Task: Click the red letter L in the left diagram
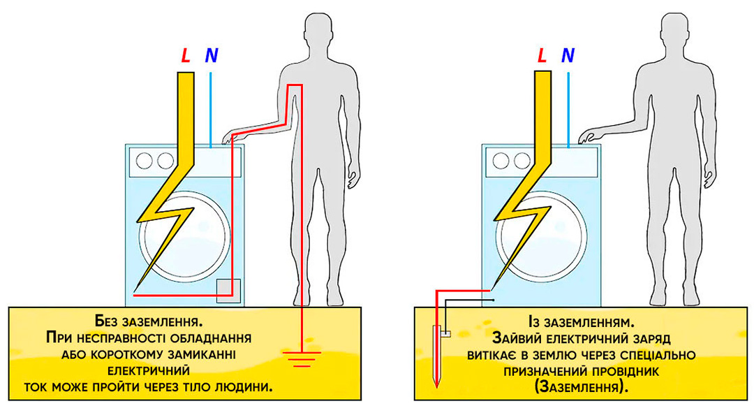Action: (x=186, y=57)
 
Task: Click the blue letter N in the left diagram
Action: (x=210, y=57)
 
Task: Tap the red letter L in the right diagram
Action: (x=542, y=57)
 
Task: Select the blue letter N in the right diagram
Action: (x=568, y=57)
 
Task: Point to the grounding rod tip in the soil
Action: (x=436, y=384)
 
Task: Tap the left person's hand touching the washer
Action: (x=231, y=137)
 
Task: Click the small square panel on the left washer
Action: (x=229, y=290)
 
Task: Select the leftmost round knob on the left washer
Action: (x=145, y=160)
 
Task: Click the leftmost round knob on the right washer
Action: (x=502, y=160)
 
